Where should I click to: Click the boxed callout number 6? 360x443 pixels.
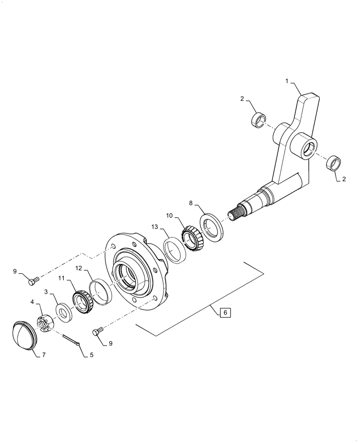[x=225, y=313]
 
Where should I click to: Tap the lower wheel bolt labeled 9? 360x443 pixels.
[x=99, y=331]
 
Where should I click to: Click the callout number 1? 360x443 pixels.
[x=287, y=82]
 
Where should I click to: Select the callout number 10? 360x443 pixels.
[x=169, y=216]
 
